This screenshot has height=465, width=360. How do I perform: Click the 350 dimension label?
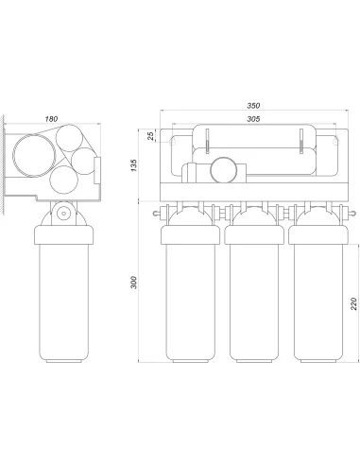[x=253, y=106]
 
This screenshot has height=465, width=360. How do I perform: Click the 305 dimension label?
[x=253, y=119]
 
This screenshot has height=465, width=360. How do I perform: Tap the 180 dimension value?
[x=51, y=119]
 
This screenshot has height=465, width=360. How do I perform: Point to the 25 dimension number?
[x=151, y=136]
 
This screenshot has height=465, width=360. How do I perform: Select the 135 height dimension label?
[x=134, y=165]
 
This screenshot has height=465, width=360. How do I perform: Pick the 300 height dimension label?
[x=134, y=283]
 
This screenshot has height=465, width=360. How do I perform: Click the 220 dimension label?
[x=353, y=303]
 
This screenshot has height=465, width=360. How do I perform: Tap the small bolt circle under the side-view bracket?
[x=64, y=214]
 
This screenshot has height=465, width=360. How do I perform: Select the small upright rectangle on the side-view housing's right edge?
[x=97, y=170]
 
